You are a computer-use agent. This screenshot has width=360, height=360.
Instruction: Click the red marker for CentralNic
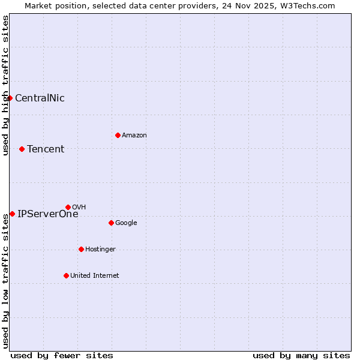click(x=10, y=98)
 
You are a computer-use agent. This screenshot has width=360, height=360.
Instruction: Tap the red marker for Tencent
click(x=22, y=149)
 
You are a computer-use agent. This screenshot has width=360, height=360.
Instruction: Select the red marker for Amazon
click(x=118, y=135)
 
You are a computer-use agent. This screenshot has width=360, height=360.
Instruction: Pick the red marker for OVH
click(x=68, y=207)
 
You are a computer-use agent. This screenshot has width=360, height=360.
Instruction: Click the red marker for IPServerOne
click(x=12, y=214)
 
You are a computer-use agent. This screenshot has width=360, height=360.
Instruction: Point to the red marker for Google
click(x=111, y=223)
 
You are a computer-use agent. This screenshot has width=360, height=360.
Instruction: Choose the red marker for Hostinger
click(x=81, y=249)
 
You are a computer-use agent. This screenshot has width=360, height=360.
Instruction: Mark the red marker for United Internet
click(x=66, y=275)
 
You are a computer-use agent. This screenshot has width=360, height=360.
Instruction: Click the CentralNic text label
click(x=40, y=98)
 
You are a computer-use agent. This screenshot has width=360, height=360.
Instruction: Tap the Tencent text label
click(x=46, y=149)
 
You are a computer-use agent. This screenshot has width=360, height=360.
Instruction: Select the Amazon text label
click(x=134, y=136)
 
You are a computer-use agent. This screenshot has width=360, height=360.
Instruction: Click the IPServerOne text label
click(x=48, y=214)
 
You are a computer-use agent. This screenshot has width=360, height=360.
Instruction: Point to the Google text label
click(x=126, y=223)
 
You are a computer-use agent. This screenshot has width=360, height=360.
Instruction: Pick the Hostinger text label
click(x=100, y=250)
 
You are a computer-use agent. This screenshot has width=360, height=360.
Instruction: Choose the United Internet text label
click(x=95, y=276)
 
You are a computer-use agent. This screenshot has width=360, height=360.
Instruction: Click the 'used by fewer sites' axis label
click(x=62, y=355)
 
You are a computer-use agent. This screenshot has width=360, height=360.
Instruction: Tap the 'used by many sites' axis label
click(x=301, y=355)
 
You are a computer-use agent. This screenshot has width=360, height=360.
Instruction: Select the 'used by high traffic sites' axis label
click(x=5, y=85)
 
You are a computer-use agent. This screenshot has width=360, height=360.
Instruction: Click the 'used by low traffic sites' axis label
click(x=5, y=281)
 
